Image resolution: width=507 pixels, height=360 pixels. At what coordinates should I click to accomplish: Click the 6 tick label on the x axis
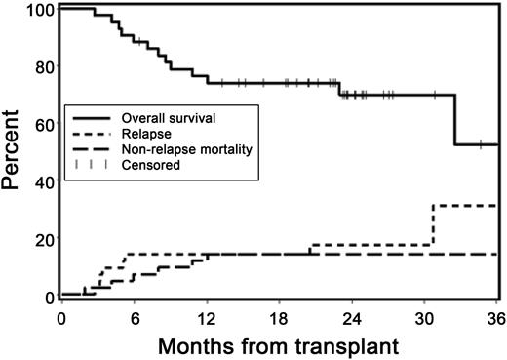pos(134,316)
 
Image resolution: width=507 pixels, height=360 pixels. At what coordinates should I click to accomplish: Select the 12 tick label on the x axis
pos(207,316)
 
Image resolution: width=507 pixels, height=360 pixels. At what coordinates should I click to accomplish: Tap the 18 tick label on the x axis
pos(279,316)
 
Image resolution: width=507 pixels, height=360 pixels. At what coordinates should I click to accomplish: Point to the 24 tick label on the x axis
pos(352,316)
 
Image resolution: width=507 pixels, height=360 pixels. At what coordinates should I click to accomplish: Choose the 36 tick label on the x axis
pos(495,316)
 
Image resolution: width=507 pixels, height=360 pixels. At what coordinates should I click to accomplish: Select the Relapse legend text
pos(144,135)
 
